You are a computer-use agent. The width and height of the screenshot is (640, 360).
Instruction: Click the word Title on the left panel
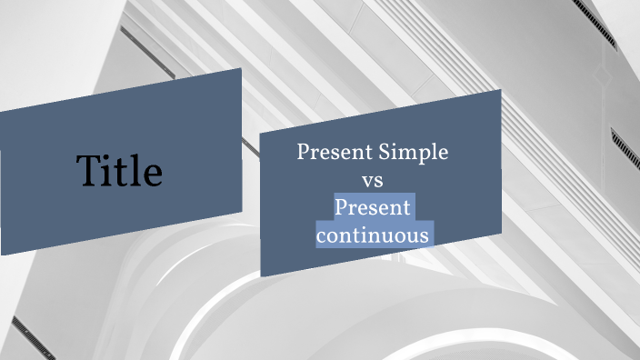[x=119, y=171]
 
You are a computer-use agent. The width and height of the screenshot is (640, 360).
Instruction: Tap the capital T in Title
[x=88, y=171]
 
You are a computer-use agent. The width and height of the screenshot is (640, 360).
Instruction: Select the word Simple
[x=414, y=153]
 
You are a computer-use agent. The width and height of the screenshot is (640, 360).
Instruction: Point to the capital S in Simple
[x=385, y=152]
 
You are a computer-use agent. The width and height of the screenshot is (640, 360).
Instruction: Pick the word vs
[x=373, y=180]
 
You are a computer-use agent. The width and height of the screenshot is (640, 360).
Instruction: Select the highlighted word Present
[x=373, y=208]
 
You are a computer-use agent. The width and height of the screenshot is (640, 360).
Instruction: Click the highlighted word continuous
[x=373, y=235]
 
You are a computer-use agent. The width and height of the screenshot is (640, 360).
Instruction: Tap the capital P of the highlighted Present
[x=341, y=208]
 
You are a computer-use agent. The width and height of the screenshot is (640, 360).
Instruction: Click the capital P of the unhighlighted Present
[x=304, y=153]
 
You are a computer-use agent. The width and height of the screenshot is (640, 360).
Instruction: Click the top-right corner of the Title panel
[x=241, y=68]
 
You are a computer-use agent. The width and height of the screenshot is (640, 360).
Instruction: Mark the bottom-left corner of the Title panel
[x=2, y=255]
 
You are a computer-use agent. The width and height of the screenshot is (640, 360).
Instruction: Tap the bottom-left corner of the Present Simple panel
[x=261, y=276]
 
